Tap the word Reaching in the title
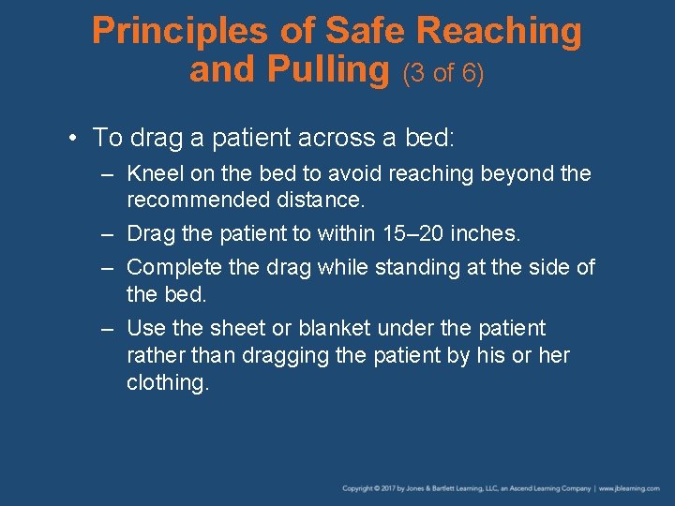(x=499, y=32)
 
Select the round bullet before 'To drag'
(x=72, y=139)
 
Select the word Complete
(x=173, y=268)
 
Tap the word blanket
(x=334, y=329)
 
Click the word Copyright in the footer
(x=360, y=488)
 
